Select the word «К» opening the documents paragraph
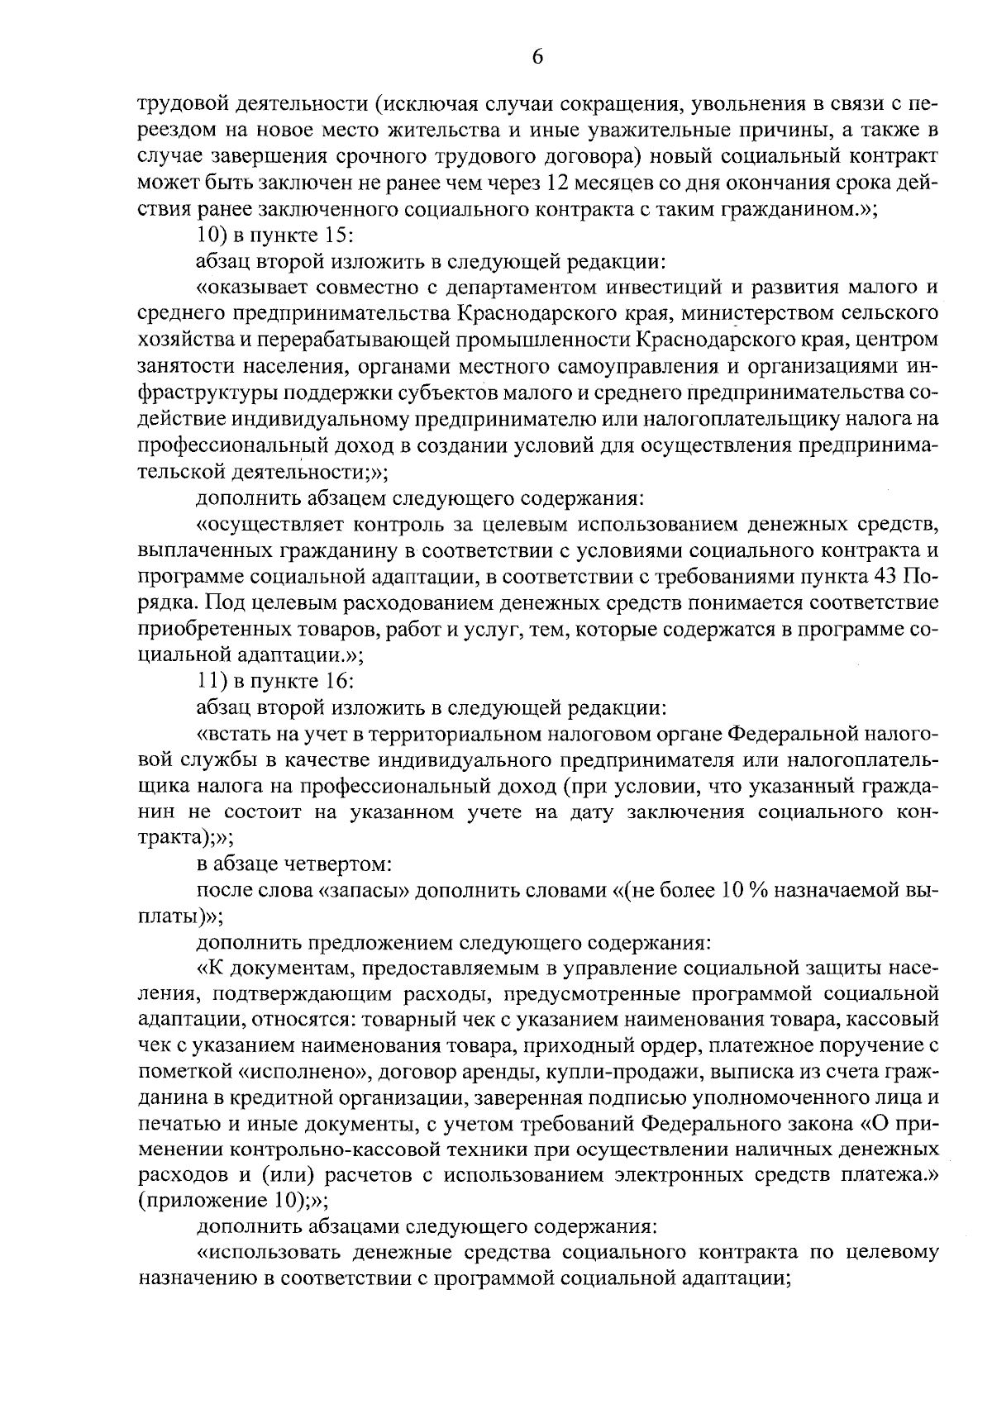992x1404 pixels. [207, 968]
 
